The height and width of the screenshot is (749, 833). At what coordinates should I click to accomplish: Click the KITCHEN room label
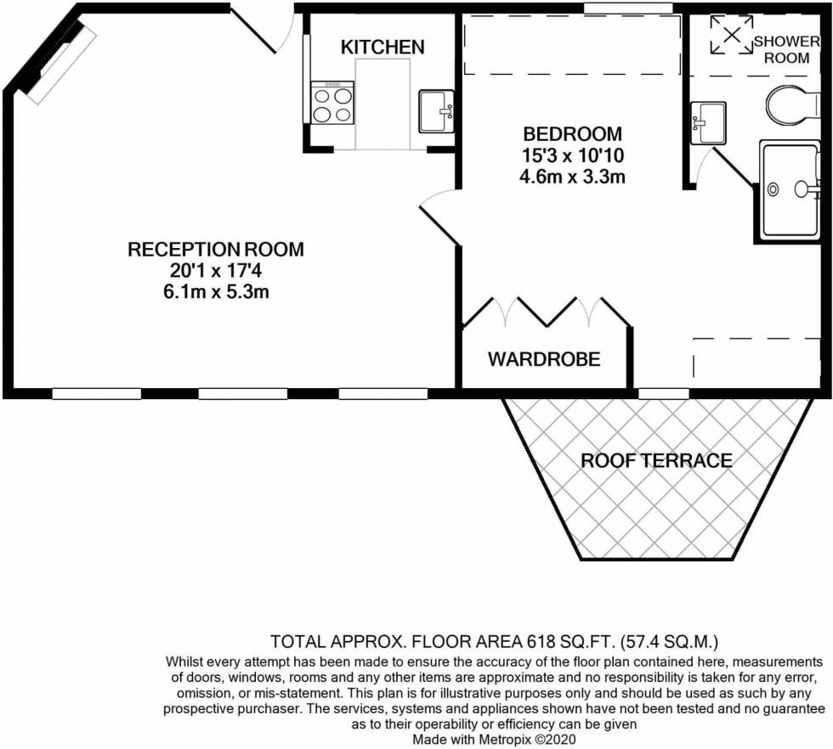coord(382,47)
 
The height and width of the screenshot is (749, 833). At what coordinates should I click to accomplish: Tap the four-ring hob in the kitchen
coord(333,104)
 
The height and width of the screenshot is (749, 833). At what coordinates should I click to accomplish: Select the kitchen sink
coord(439,111)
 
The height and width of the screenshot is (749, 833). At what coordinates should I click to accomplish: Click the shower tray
coord(790,189)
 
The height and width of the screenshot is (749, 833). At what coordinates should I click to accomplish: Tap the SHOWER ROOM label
coord(786,48)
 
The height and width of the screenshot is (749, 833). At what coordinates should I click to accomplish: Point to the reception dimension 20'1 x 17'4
coord(215,271)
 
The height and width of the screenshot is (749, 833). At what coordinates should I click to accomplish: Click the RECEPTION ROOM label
coord(215,250)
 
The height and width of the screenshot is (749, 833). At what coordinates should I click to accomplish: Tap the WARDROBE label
coord(544,359)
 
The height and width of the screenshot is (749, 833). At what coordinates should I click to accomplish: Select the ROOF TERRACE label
coord(656,461)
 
